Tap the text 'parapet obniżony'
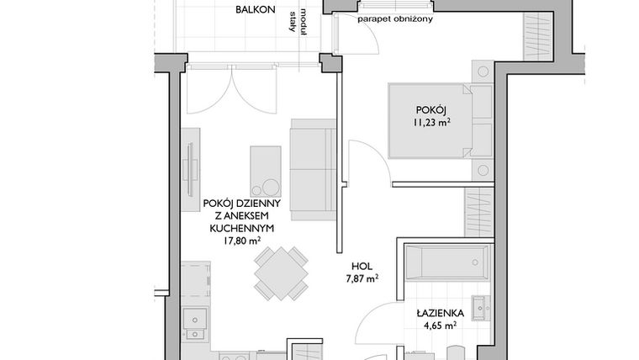click(x=394, y=19)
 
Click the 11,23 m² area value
click(x=430, y=123)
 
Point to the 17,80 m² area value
click(x=241, y=240)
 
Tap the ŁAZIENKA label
click(x=437, y=312)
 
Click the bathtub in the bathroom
click(x=446, y=262)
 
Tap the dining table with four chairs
click(x=280, y=273)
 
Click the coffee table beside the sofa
click(x=266, y=172)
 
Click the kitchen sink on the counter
click(x=197, y=320)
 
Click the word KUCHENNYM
click(x=241, y=227)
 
